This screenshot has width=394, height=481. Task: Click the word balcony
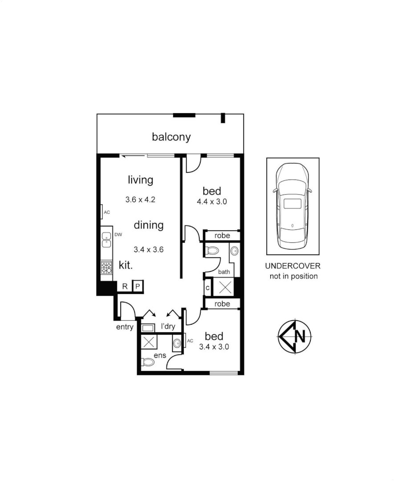click(x=171, y=137)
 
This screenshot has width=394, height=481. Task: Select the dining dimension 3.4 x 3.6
click(x=149, y=249)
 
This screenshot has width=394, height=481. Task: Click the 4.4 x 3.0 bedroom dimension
click(x=212, y=201)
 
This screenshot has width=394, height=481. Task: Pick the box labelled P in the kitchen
click(x=138, y=286)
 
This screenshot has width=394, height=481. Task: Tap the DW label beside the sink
click(x=118, y=235)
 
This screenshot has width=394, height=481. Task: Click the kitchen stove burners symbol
click(x=106, y=267)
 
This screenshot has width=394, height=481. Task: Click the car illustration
click(x=292, y=207)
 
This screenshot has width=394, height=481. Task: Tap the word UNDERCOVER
click(x=292, y=266)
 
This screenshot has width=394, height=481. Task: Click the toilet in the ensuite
click(x=148, y=362)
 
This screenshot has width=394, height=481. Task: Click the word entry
click(x=125, y=327)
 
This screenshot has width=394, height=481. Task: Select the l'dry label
click(x=168, y=327)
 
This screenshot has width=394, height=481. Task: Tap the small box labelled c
click(x=207, y=288)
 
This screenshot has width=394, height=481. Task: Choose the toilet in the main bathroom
click(x=212, y=251)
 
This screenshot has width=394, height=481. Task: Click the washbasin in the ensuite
click(x=177, y=343)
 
